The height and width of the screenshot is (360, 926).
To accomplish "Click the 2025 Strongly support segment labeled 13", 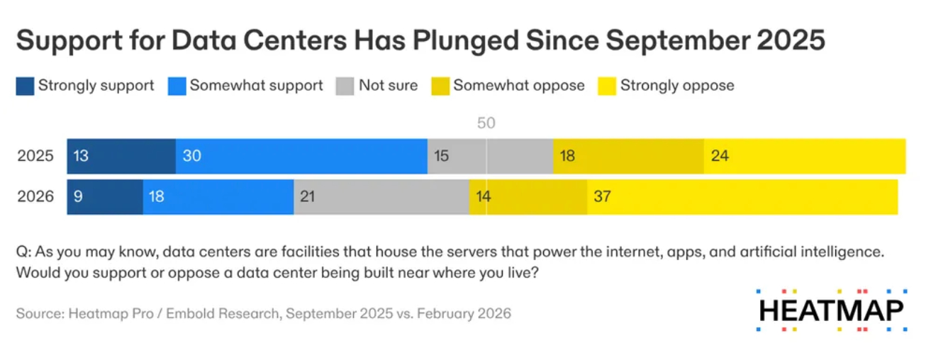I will coord(121,156).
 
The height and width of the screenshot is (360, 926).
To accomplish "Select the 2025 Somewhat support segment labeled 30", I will coord(301,156).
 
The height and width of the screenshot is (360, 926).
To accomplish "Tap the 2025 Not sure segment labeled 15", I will coord(490,156).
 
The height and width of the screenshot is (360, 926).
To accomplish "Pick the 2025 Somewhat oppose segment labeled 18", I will coord(628,156).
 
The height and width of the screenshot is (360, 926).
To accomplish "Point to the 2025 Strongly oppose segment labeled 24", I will coord(804,156).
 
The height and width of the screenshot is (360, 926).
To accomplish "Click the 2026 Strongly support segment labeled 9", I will coord(105,196).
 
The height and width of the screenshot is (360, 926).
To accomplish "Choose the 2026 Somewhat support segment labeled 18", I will coord(218,196).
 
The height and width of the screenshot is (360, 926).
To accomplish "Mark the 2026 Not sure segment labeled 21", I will coord(381,196).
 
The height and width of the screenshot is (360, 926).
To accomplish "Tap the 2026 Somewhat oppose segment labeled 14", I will coord(528,196).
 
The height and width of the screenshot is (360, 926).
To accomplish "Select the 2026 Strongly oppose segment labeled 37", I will coord(742,196).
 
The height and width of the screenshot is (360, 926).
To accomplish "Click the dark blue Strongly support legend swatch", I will coord(25,86).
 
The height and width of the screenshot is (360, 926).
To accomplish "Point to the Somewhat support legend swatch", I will coord(177,86).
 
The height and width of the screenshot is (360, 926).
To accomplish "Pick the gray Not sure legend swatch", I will coord(345,86).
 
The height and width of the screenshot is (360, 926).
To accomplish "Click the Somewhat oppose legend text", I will coord(519,86).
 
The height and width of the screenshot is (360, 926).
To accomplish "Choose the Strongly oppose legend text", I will coord(677,86).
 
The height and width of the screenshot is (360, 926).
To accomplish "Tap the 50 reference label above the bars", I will coord(486,123).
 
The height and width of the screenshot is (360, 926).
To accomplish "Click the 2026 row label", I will coord(35,196).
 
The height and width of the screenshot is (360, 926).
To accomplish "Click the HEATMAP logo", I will coord(830,310).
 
